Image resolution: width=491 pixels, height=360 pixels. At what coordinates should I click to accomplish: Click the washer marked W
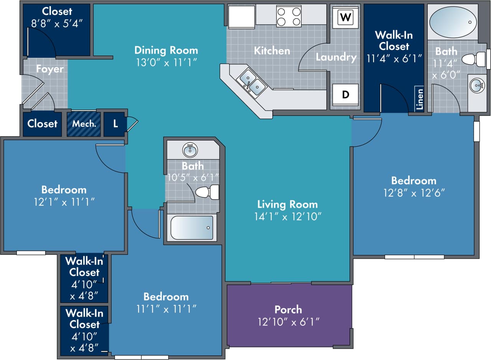(346, 18)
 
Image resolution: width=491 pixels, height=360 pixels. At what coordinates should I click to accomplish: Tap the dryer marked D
(346, 94)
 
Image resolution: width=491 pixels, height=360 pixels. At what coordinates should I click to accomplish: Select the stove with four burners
(289, 17)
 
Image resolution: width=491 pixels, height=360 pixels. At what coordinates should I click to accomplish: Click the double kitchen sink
(252, 83)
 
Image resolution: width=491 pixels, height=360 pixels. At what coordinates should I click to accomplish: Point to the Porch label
(288, 309)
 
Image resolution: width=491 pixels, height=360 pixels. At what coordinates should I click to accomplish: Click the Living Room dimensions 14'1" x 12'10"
(287, 217)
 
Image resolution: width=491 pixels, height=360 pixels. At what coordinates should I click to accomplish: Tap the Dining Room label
(166, 50)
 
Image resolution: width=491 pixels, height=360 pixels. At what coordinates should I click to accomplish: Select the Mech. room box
(84, 124)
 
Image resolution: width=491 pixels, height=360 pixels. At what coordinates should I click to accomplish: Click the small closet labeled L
(115, 124)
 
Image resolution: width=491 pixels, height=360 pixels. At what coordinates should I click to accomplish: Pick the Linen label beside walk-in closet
(420, 99)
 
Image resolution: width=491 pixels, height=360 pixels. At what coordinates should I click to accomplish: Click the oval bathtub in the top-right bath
(453, 22)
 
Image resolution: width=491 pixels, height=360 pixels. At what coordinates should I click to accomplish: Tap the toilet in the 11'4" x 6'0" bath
(474, 59)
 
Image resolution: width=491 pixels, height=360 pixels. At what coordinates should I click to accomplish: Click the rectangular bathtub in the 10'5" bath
(192, 228)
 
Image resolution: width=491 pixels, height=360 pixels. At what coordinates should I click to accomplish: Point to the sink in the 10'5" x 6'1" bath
(190, 150)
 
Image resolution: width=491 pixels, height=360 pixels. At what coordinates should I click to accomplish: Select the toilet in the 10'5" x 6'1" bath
(207, 192)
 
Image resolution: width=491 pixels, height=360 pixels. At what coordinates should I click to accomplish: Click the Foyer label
(50, 69)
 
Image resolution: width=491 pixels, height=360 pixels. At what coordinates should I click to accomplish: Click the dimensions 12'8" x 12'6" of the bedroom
(414, 193)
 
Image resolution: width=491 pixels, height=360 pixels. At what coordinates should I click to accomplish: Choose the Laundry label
(336, 58)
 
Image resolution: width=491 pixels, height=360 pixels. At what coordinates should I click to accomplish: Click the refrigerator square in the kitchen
(242, 17)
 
